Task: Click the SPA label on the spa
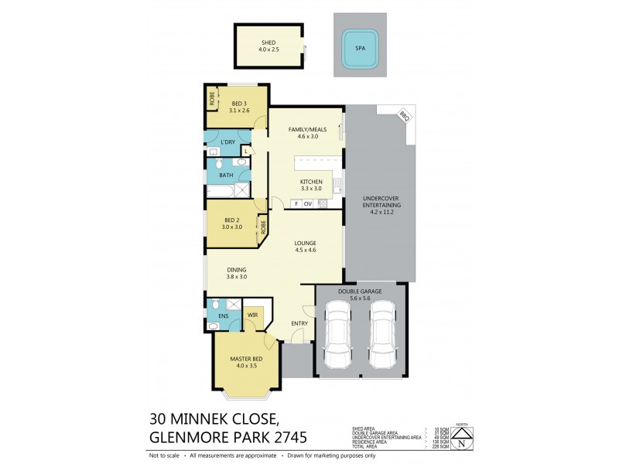tap(360, 47)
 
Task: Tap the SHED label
tap(268, 42)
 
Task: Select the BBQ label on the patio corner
tap(403, 115)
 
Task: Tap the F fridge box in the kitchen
tap(296, 204)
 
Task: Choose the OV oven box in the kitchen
tap(308, 204)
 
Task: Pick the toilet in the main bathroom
tap(219, 164)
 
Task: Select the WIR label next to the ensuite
tap(252, 316)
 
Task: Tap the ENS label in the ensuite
tap(224, 316)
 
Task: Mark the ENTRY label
tap(299, 323)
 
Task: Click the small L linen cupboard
tap(245, 151)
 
